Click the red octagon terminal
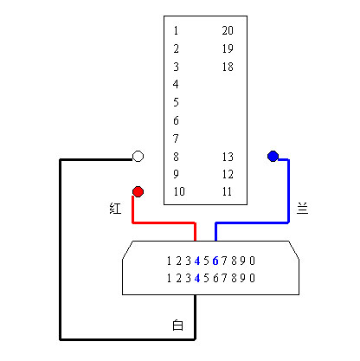(x=138, y=191)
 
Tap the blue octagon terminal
(x=273, y=156)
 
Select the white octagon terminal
(x=138, y=156)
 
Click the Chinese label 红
(x=115, y=208)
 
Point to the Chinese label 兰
(x=303, y=208)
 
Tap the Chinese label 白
(x=177, y=325)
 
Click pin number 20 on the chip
(x=228, y=30)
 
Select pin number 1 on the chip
(x=176, y=30)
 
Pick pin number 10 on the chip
(x=179, y=191)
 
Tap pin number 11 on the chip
(x=227, y=191)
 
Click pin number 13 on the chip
(x=228, y=157)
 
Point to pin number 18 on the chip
(x=228, y=67)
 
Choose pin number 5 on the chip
(x=176, y=102)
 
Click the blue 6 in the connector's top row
(x=215, y=261)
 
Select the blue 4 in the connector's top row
(x=197, y=261)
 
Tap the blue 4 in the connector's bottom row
(x=197, y=278)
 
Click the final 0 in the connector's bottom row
(x=252, y=278)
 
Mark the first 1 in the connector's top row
(x=169, y=261)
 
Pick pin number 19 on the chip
(x=228, y=48)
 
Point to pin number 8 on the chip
(x=176, y=157)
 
